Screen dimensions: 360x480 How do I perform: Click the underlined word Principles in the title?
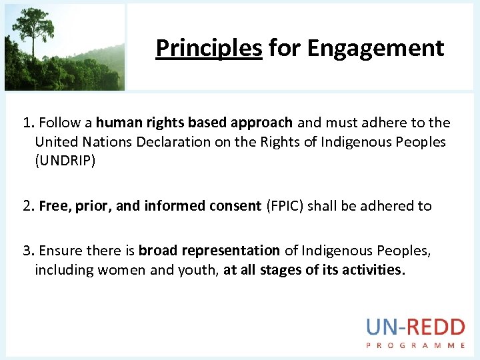click(x=208, y=48)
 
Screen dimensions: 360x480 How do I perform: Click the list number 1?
click(x=27, y=123)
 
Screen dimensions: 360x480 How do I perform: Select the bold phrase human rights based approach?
click(x=194, y=123)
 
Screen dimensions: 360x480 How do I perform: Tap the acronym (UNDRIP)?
click(x=65, y=161)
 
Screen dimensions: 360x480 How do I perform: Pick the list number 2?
click(x=27, y=206)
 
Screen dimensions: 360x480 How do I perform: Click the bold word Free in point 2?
click(x=53, y=206)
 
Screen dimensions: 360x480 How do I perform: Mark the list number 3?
click(x=27, y=251)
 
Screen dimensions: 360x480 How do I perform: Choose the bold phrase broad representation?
click(x=209, y=251)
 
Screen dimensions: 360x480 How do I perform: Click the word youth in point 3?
click(x=195, y=270)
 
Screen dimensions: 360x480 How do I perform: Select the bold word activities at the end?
click(x=373, y=270)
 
